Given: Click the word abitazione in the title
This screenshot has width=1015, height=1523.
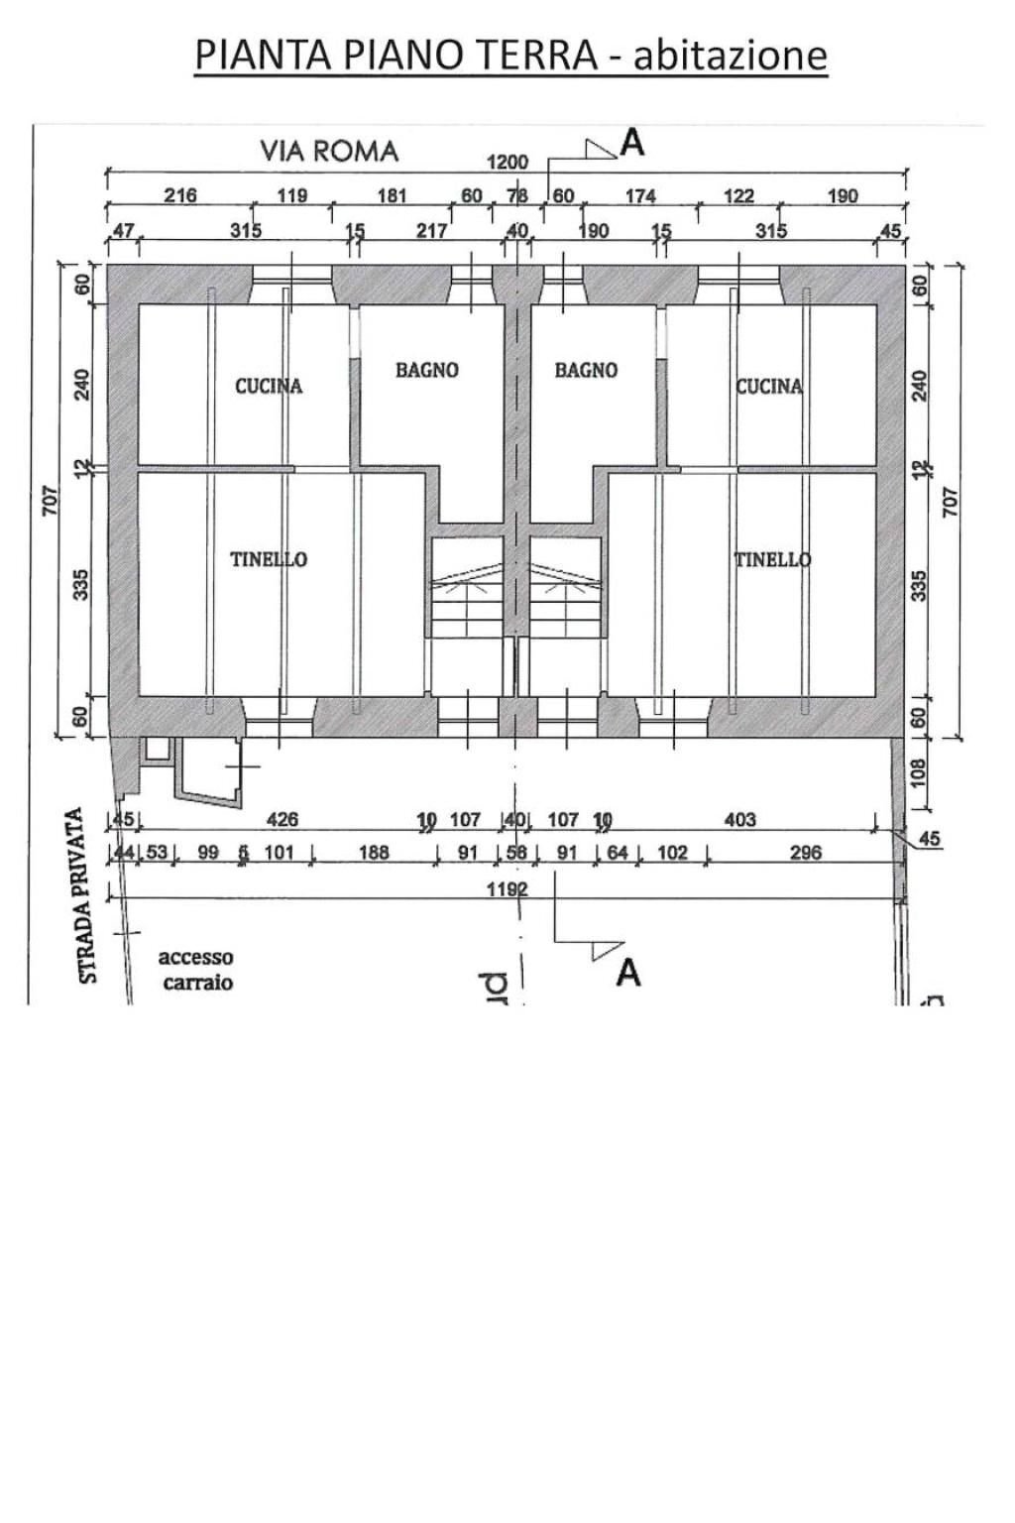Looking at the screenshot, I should coord(730,56).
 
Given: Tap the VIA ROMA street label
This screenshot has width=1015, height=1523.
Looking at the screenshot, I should coord(329,151).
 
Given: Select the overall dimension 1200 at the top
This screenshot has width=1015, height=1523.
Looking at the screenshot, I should coord(507,163).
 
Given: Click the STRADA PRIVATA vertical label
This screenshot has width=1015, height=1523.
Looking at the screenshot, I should coord(89,896).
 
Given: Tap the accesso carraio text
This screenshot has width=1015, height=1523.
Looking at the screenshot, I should coord(196,970).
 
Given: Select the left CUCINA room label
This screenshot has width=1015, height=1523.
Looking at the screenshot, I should coord(269,386).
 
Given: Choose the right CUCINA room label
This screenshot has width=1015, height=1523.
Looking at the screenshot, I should coord(769,386).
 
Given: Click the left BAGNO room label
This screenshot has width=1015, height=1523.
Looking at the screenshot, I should coord(427,370).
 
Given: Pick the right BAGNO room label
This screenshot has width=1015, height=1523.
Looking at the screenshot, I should coord(586,370).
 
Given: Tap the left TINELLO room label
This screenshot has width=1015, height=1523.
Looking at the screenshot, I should coord(269,559).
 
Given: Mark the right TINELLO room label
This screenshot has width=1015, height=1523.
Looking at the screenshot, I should coord(772,559).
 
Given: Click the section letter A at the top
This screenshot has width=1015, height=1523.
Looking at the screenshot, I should coord(631,145).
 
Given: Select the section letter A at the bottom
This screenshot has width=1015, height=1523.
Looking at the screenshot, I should coord(628,974).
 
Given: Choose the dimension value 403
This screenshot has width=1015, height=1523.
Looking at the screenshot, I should coord(740,820).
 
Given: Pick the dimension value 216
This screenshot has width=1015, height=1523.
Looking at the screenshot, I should coord(179,195).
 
